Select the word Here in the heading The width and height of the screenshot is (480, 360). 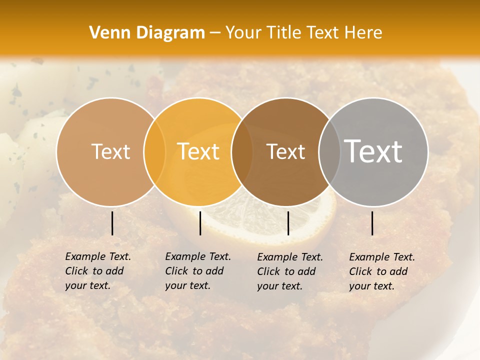coord(363,33)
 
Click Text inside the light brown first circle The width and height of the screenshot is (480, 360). coord(110,151)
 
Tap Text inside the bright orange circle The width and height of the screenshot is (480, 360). coord(198,151)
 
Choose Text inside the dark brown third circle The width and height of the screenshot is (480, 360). coord(285,151)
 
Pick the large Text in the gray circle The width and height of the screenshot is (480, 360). coord(373,151)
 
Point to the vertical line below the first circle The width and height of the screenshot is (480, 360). coord(112,223)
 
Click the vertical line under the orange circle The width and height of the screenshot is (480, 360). coord(200,223)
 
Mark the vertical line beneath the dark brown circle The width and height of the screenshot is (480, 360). coord(288,223)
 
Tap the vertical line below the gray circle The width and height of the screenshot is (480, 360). coord(372,223)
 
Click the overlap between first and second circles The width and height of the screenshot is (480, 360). coord(154,151)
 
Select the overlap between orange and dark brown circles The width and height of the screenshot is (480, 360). coord(242,151)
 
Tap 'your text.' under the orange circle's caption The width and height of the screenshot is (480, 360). coord(187,285)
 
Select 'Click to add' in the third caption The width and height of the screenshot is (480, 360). coord(286,271)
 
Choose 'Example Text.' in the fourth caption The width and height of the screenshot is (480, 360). coord(382,257)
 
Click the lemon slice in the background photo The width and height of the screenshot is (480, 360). coord(280,220)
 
